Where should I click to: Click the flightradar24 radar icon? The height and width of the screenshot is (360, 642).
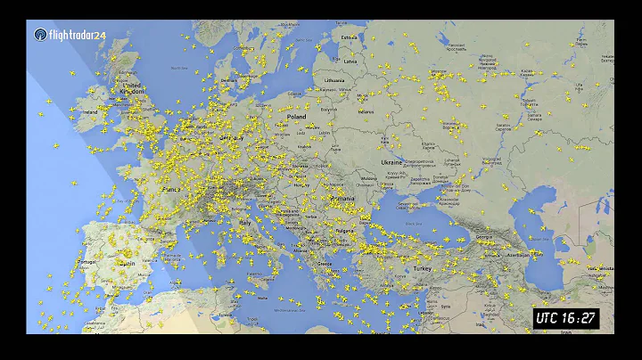[x=41, y=35]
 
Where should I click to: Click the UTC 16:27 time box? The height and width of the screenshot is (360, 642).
[x=566, y=317]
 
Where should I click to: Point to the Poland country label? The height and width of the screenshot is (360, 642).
[x=295, y=117]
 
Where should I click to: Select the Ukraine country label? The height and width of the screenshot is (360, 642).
[x=391, y=163]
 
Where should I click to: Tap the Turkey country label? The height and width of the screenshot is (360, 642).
[x=421, y=267]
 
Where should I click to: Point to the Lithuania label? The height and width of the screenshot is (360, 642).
[x=334, y=80]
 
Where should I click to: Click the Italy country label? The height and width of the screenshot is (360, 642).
[x=243, y=222]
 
